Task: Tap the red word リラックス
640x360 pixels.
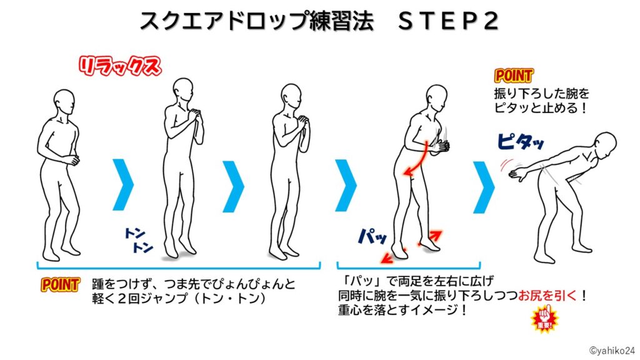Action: coord(119,67)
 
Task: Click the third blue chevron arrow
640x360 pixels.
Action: coord(346,184)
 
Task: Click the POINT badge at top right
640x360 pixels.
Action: coord(514,76)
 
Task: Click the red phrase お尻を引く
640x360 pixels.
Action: coord(542,294)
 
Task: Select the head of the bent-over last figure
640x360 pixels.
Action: coord(604,146)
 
